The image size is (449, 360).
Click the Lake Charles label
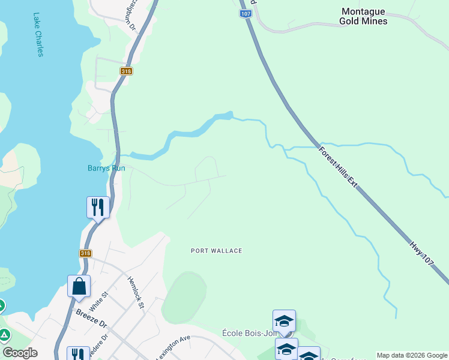[x=39, y=35]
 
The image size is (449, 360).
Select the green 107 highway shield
[x=244, y=13]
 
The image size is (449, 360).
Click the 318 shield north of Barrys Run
[x=126, y=71]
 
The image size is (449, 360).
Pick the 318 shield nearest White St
[x=85, y=254]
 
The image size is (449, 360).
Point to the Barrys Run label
[x=106, y=169]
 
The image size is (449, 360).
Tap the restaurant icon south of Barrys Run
[x=98, y=208]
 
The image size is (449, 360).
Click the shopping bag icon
[x=79, y=286]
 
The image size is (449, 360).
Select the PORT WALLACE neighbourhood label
[x=216, y=251]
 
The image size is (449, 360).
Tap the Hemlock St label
[x=136, y=293]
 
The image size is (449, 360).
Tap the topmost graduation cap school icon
[x=284, y=320]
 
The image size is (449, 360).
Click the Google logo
[x=20, y=353]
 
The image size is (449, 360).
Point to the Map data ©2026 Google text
[x=412, y=355]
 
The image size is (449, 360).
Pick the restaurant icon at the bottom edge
[x=77, y=354]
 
